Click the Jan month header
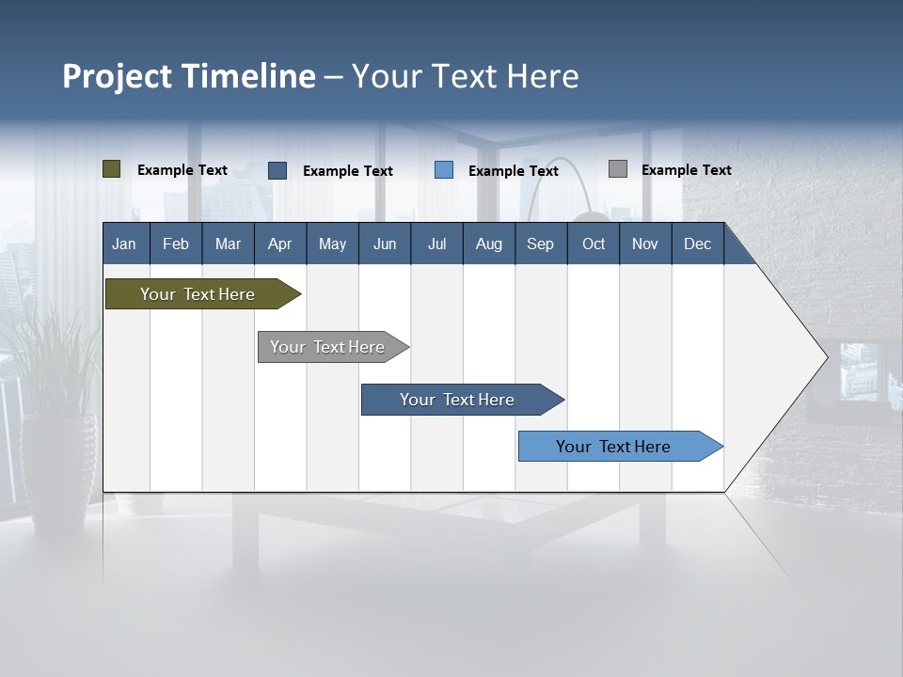(x=124, y=244)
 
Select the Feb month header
(x=176, y=244)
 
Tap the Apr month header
(x=279, y=244)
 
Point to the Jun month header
(x=385, y=244)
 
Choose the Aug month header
(x=488, y=244)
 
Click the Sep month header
(x=540, y=244)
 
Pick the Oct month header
(x=594, y=244)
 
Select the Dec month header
(x=697, y=244)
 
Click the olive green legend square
(x=111, y=169)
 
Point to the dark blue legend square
(x=277, y=170)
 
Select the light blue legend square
(x=444, y=170)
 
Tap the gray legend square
(x=618, y=169)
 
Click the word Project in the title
(x=118, y=76)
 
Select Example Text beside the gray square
(x=686, y=170)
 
